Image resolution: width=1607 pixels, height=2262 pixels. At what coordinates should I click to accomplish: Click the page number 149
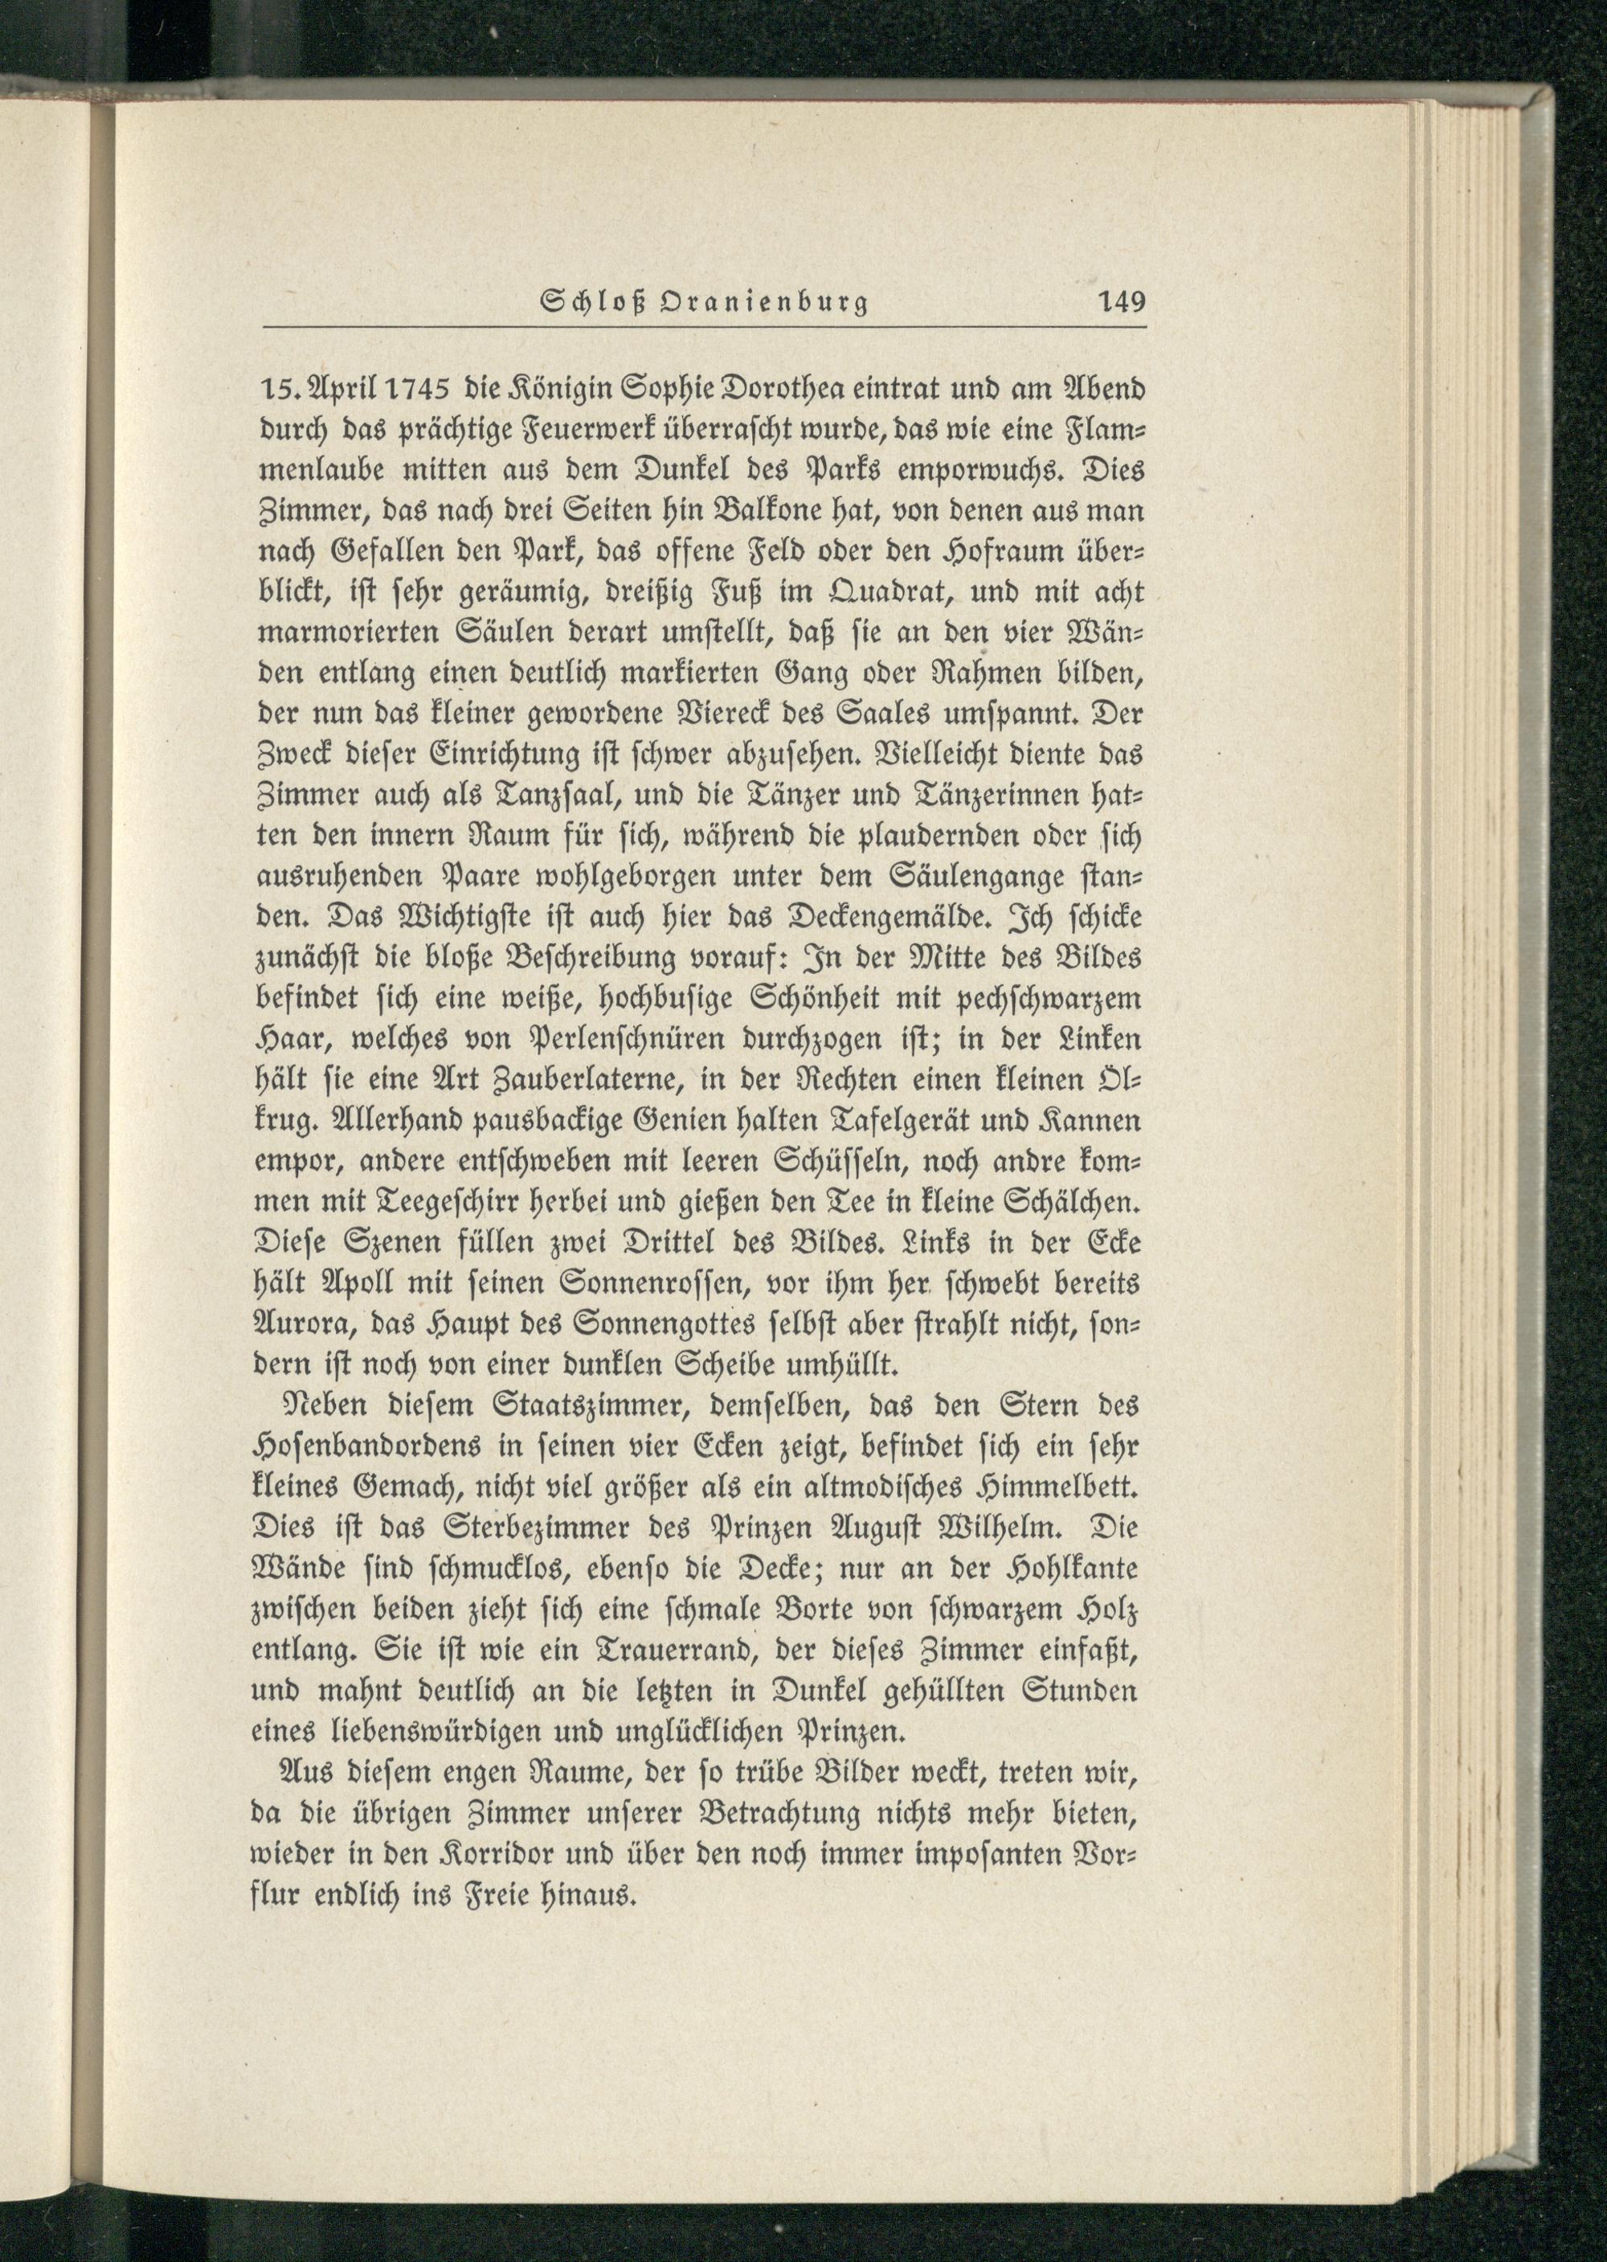(1121, 301)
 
